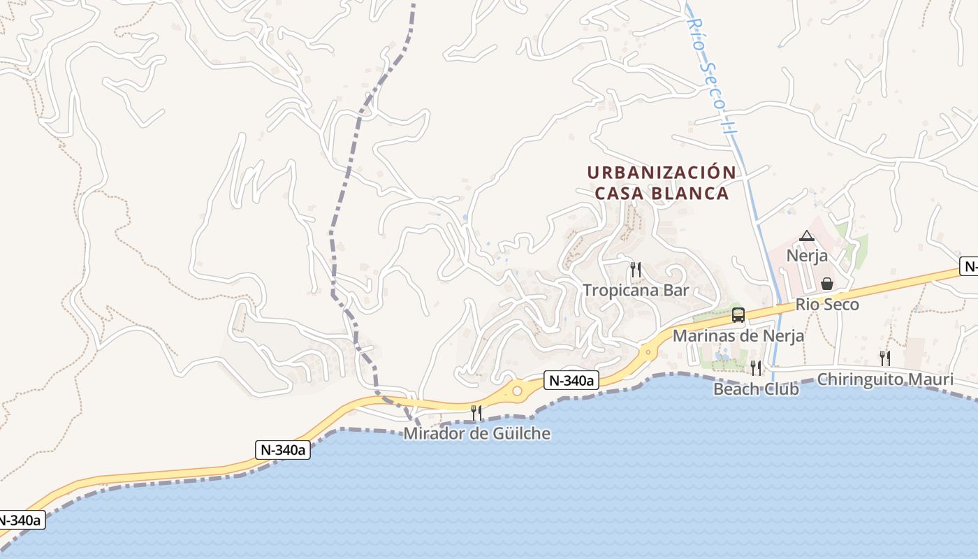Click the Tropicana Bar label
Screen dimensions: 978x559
(x=636, y=290)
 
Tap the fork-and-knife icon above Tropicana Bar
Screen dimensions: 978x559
(x=636, y=268)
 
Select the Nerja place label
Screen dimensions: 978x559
(x=807, y=255)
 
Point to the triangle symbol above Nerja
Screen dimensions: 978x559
(x=807, y=236)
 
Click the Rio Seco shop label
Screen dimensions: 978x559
(x=827, y=305)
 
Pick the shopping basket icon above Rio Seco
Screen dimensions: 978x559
(x=827, y=283)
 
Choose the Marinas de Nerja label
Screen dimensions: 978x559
(x=738, y=335)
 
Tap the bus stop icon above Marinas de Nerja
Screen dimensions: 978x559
(x=738, y=315)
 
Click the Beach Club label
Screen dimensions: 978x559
(x=755, y=389)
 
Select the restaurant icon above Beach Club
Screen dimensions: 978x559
(x=755, y=368)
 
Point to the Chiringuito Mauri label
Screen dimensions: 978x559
(x=884, y=379)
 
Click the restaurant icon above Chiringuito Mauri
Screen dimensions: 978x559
(x=884, y=358)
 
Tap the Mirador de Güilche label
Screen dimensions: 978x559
(x=476, y=434)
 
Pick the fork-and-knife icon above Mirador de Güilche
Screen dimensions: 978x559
(x=476, y=413)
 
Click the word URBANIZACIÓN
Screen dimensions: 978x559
(x=661, y=173)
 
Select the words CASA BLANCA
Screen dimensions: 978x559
(x=662, y=193)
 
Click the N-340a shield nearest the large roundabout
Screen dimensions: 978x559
(x=571, y=381)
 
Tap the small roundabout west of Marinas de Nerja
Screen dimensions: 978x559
(x=648, y=351)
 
